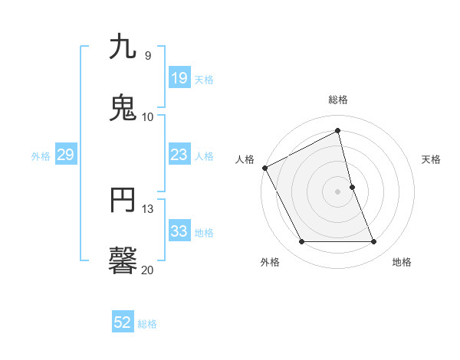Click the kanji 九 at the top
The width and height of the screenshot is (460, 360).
click(123, 47)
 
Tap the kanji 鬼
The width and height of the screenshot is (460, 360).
click(123, 107)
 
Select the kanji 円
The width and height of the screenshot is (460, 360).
click(123, 201)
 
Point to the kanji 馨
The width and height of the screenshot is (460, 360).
click(123, 260)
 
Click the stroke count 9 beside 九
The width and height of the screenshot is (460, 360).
click(147, 56)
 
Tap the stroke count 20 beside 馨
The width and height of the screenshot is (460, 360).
click(147, 269)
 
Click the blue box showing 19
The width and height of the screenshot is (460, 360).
click(179, 78)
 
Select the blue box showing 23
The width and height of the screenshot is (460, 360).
click(179, 155)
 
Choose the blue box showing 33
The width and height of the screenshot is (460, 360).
click(179, 231)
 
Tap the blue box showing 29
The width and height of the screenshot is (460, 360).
click(65, 155)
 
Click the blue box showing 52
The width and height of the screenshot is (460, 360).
click(123, 322)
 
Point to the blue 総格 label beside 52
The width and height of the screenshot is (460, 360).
click(147, 324)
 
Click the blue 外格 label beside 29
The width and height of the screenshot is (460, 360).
click(41, 156)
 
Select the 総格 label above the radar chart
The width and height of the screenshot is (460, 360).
click(338, 100)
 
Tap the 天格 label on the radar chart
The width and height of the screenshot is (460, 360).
click(432, 159)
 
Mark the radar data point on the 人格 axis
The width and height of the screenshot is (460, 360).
click(264, 168)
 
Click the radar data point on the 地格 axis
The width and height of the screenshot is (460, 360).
click(374, 242)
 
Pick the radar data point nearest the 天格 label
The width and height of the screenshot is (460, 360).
click(352, 187)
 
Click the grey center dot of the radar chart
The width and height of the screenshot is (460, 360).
click(338, 191)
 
